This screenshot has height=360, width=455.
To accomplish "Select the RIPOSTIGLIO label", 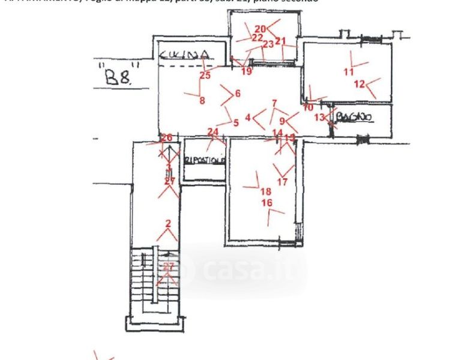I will click(205, 161).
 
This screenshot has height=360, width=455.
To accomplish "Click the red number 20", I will click(260, 28).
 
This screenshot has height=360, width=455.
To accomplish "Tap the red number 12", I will click(359, 84).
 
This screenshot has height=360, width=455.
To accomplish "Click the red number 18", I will click(266, 191).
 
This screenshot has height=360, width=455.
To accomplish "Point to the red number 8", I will click(202, 101).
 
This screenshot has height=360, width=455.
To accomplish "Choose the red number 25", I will click(205, 75).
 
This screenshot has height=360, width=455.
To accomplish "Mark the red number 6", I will click(238, 93).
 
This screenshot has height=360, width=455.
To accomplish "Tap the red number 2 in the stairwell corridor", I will click(168, 224).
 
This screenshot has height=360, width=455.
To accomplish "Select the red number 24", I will click(212, 131).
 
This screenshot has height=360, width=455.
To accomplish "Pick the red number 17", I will click(282, 182).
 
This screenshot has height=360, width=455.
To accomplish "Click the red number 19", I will click(247, 71).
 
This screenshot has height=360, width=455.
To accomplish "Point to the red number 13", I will click(319, 117).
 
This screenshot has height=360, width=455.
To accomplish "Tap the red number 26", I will click(167, 137).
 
